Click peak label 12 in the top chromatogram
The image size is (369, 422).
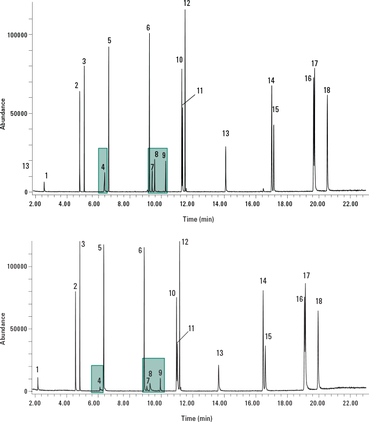coord(187,4)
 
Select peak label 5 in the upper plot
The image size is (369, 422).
coord(109,41)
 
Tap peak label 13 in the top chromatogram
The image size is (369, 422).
coord(226,134)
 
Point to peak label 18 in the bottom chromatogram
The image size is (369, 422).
coord(319,302)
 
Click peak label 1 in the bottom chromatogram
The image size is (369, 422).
coord(37,370)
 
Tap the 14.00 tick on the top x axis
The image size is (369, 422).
coord(227,204)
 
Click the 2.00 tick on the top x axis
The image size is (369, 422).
coord(35,204)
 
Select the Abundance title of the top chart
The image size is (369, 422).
coord(4,113)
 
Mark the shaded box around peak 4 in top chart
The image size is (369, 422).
coord(103,170)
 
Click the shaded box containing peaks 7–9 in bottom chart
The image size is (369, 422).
coord(153,376)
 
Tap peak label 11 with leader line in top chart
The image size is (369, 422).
coord(199,91)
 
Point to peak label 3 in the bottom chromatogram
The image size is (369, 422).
coord(83,244)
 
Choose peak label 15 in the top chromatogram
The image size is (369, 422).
coord(275,110)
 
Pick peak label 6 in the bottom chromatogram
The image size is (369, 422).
coord(140,251)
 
